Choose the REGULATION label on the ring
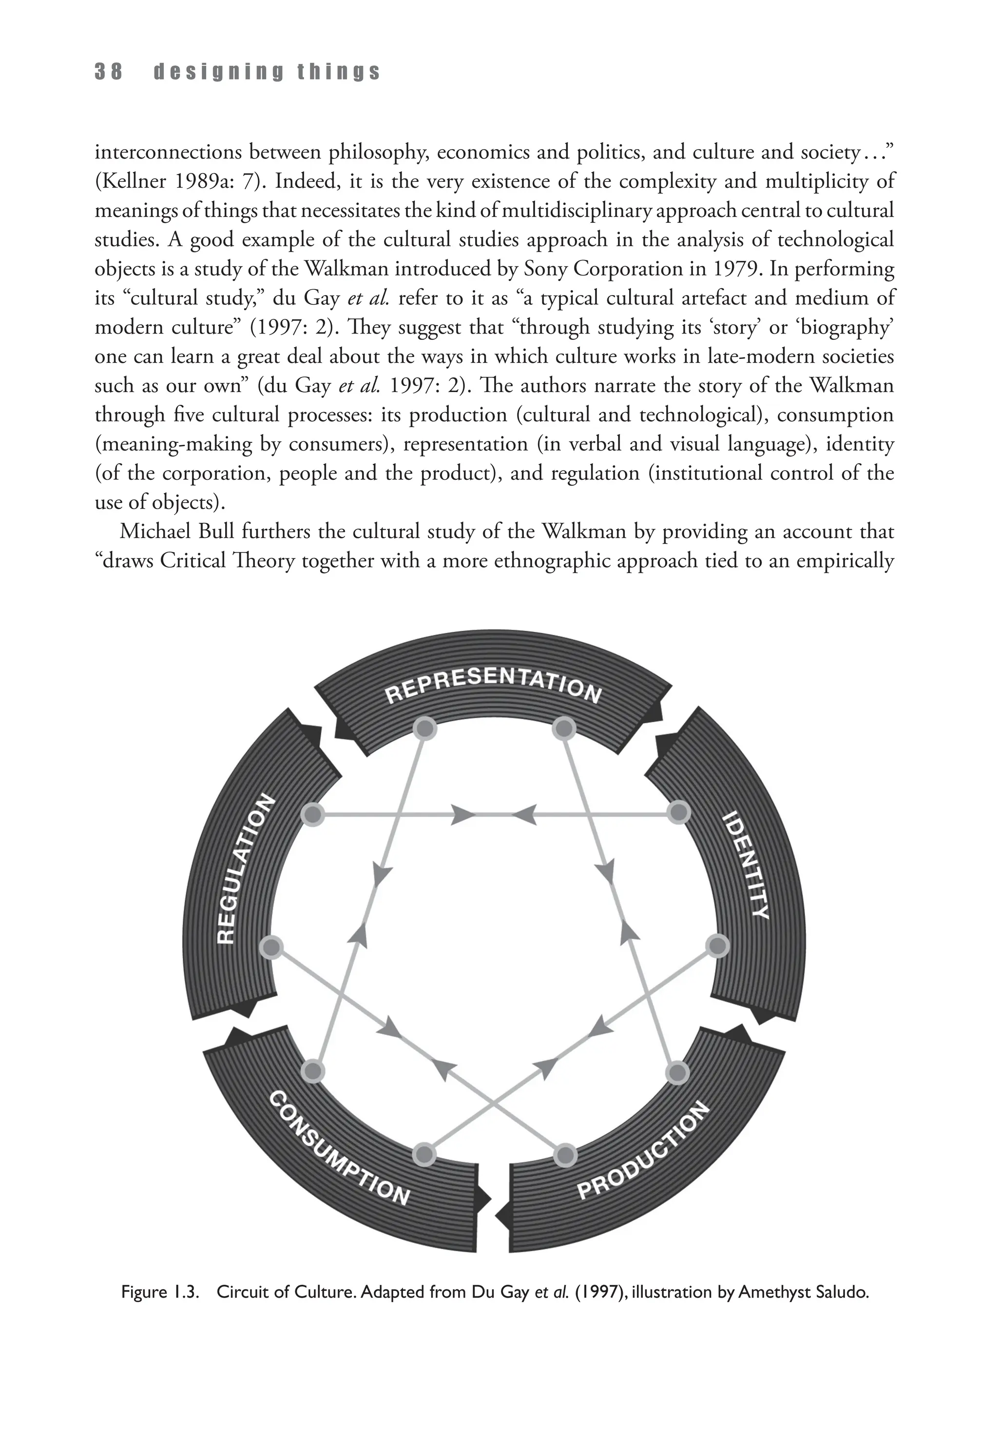(x=245, y=869)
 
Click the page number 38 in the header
(x=109, y=73)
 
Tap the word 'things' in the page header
(x=339, y=73)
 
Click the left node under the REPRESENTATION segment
(x=424, y=728)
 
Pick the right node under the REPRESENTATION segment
(x=564, y=728)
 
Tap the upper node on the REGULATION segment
(x=313, y=814)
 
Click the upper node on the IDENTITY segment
(x=678, y=813)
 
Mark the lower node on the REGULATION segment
(x=271, y=947)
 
